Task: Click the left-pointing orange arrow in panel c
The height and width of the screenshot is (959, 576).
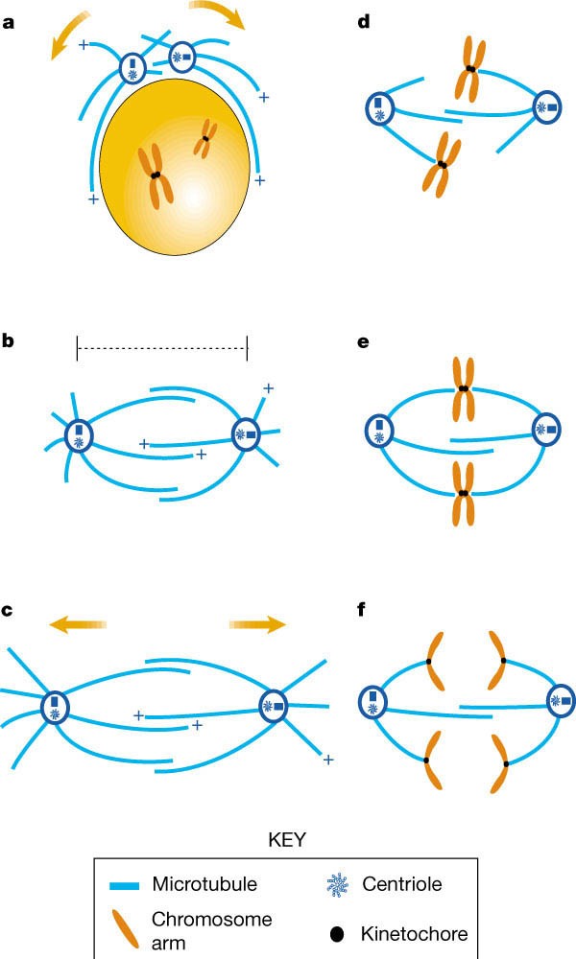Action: (x=78, y=625)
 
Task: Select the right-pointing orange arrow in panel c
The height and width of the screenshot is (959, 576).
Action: (x=258, y=625)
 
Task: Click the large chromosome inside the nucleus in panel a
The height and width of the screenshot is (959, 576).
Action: (x=156, y=175)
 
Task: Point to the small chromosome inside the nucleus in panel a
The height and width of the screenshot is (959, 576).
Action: (x=204, y=140)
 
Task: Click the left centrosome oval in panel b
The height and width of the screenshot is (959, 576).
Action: (x=78, y=437)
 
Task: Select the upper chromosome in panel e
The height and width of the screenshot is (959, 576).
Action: (x=464, y=387)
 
